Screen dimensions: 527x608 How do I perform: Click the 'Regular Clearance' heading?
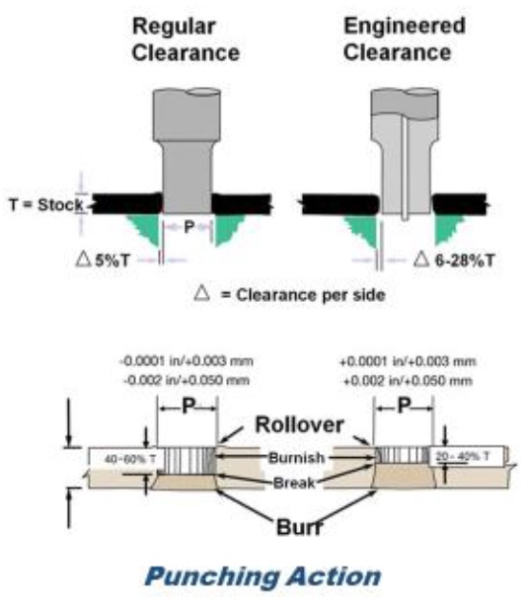point(186,39)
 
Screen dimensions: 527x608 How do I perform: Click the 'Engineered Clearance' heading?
point(404,39)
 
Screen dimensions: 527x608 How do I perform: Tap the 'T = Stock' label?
point(46,204)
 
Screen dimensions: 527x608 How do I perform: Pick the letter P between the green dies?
point(188,227)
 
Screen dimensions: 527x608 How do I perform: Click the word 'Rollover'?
point(299,424)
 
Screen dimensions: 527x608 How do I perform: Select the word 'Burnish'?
point(297,458)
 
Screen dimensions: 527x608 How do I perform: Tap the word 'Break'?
point(294,484)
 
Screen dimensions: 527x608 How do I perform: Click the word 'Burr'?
point(299,527)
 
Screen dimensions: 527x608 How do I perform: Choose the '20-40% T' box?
point(467,456)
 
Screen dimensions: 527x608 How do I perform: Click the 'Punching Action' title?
point(263,576)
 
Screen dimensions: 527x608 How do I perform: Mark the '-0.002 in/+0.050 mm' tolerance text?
point(187,380)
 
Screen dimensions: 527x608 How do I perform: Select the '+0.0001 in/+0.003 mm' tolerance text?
point(408,362)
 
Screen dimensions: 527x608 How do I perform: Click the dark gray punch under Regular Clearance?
point(187,151)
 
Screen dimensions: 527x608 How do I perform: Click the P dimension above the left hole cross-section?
point(188,407)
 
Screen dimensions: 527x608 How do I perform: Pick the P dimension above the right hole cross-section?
point(404,406)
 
